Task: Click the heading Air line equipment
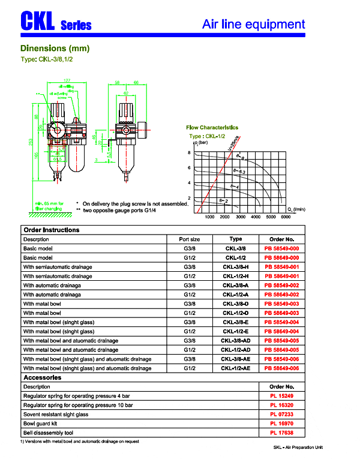(253, 24)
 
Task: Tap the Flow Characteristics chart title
(212, 127)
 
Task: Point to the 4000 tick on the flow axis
(255, 217)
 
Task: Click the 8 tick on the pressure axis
(188, 154)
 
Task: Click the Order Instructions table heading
(51, 230)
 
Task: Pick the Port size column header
(190, 239)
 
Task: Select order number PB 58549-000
(281, 248)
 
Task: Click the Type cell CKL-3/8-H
(235, 266)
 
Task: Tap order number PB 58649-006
(281, 368)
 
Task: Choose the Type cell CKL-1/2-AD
(235, 349)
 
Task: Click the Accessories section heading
(42, 378)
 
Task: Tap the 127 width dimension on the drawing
(67, 80)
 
